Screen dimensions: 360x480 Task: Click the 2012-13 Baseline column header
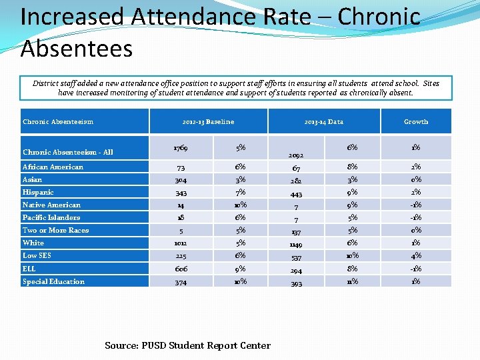pyautogui.click(x=208, y=122)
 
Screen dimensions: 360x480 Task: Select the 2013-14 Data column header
pyautogui.click(x=323, y=122)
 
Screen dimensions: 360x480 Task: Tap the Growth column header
pyautogui.click(x=416, y=122)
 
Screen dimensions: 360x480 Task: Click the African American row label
pyautogui.click(x=53, y=167)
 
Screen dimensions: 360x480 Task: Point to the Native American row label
pyautogui.click(x=51, y=205)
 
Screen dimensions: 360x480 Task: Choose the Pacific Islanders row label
pyautogui.click(x=51, y=217)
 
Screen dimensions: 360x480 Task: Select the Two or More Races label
pyautogui.click(x=55, y=230)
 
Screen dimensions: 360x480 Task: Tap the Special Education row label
pyautogui.click(x=53, y=281)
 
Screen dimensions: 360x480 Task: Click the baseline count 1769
pyautogui.click(x=180, y=147)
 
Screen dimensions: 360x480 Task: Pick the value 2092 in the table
pyautogui.click(x=295, y=154)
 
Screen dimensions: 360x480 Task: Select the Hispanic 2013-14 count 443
pyautogui.click(x=295, y=193)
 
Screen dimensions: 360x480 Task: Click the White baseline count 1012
pyautogui.click(x=180, y=243)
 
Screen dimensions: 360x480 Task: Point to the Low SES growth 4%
pyautogui.click(x=415, y=256)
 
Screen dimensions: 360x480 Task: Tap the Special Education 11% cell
pyautogui.click(x=352, y=281)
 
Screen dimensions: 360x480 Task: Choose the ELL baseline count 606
pyautogui.click(x=180, y=269)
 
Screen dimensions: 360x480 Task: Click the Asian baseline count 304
pyautogui.click(x=180, y=180)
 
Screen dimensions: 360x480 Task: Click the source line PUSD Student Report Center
pyautogui.click(x=187, y=345)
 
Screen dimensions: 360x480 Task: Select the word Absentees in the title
pyautogui.click(x=77, y=48)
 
